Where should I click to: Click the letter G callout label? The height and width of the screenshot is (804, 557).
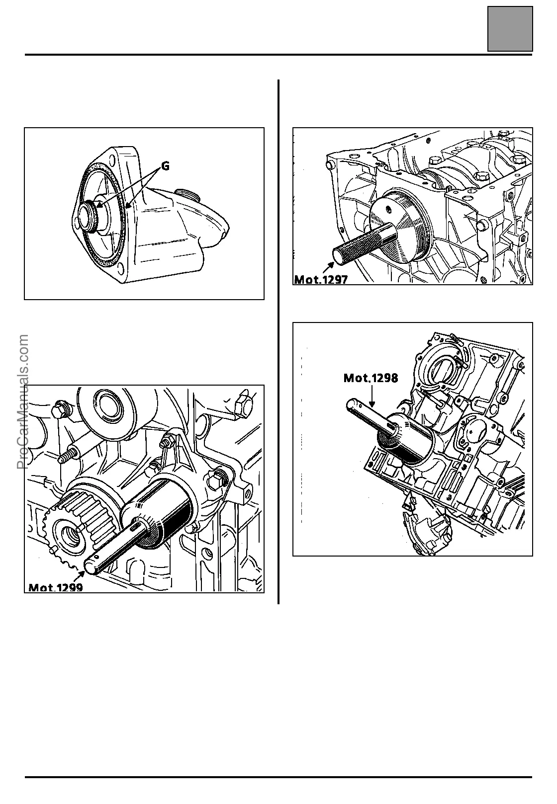click(x=165, y=166)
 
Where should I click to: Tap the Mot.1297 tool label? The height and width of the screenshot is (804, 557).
click(x=321, y=279)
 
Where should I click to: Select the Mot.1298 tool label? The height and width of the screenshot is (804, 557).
click(x=371, y=378)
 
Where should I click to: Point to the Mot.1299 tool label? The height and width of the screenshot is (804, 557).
click(x=56, y=588)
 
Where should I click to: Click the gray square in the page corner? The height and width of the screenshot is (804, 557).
click(x=510, y=28)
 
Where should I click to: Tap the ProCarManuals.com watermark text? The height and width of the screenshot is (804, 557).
click(x=23, y=402)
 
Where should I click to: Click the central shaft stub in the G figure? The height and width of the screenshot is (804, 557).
click(x=90, y=215)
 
